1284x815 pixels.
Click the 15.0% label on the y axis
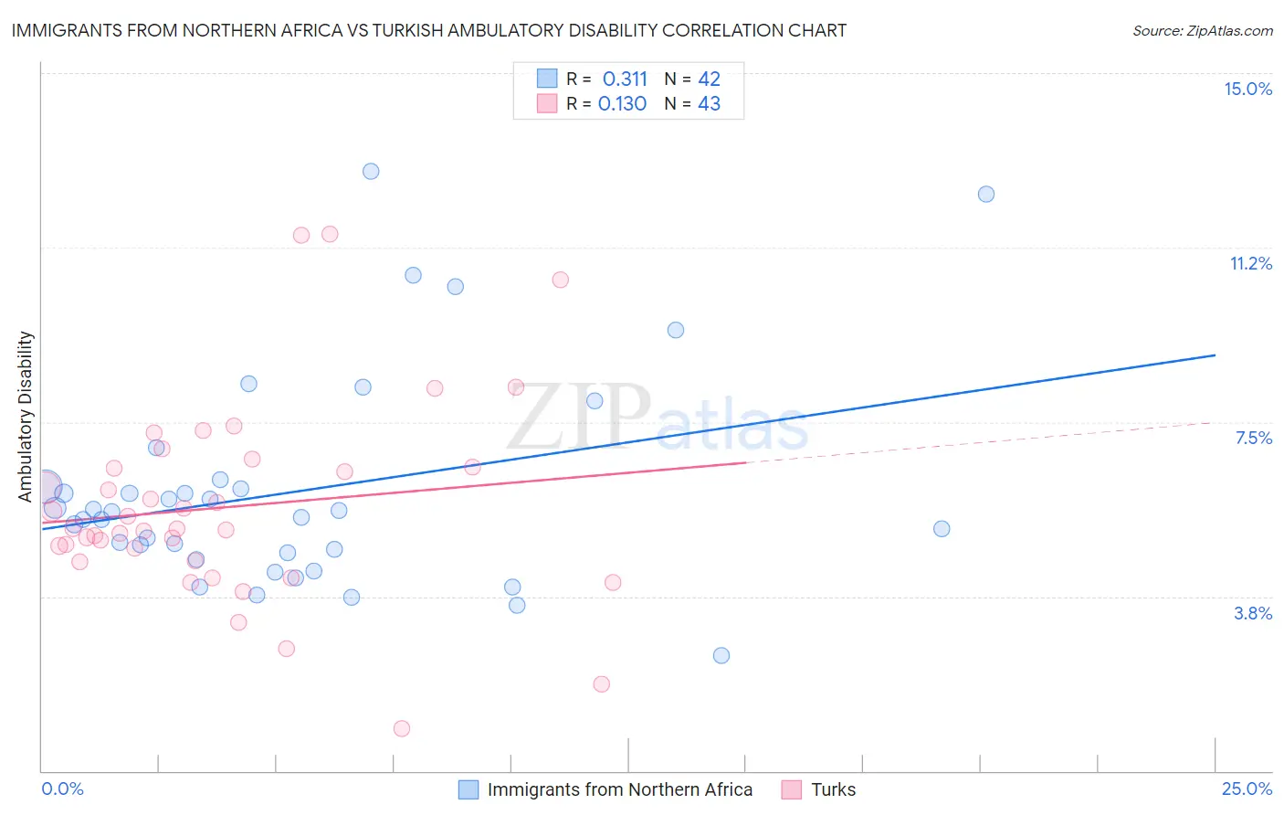1247,89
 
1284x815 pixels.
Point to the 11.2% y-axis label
1250,263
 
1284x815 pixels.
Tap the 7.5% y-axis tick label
1253,438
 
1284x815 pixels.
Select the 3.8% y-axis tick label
1253,613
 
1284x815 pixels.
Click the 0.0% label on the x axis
62,789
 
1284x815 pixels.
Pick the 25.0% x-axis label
1247,789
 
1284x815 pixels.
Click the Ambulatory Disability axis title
26,417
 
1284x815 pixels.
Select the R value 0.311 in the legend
625,79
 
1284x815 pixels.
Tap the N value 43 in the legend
709,104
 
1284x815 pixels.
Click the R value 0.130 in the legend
622,104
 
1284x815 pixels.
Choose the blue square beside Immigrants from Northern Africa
468,789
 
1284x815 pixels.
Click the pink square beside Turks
792,789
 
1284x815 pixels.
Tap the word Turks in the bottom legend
833,789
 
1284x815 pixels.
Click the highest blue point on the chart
371,171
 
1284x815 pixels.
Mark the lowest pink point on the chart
402,728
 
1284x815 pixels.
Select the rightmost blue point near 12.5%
986,194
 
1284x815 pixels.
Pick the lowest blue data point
721,655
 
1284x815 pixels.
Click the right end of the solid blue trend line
1215,355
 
